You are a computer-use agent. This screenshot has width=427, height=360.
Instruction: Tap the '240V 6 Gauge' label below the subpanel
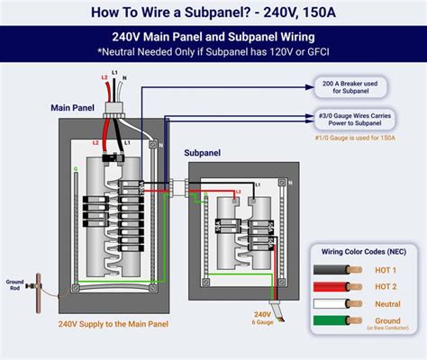tap(239, 319)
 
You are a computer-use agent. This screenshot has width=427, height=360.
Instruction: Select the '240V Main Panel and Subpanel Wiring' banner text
tap(213, 38)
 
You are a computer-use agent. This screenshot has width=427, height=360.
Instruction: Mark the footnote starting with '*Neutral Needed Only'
tap(213, 53)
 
